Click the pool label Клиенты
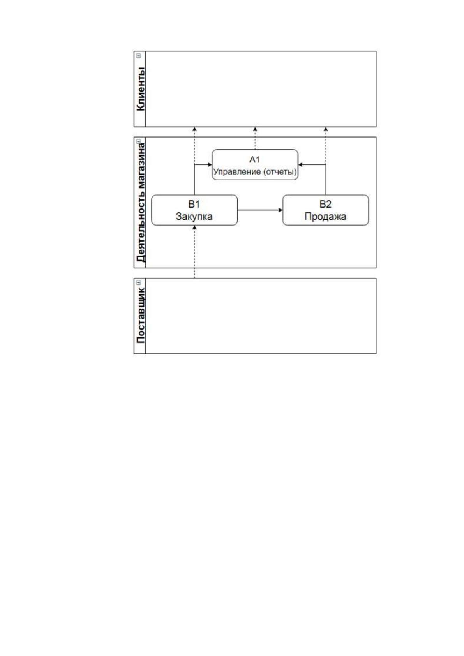pyautogui.click(x=141, y=89)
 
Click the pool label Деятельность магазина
pyautogui.click(x=141, y=202)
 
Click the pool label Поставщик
pyautogui.click(x=141, y=316)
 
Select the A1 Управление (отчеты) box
pyautogui.click(x=255, y=165)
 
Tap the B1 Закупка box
pyautogui.click(x=194, y=210)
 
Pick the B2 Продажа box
pyautogui.click(x=325, y=210)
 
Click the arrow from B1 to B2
pyautogui.click(x=260, y=210)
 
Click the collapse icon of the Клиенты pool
pyautogui.click(x=139, y=56)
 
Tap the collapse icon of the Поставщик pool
pyautogui.click(x=139, y=282)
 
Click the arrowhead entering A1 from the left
pyautogui.click(x=210, y=165)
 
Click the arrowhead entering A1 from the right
pyautogui.click(x=300, y=165)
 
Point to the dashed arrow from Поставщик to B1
pyautogui.click(x=194, y=252)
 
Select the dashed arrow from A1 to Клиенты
pyautogui.click(x=255, y=138)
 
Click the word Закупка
pyautogui.click(x=194, y=217)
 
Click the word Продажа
pyautogui.click(x=325, y=217)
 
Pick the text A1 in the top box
pyautogui.click(x=254, y=159)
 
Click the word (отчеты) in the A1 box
pyautogui.click(x=280, y=172)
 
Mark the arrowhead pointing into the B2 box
pyautogui.click(x=281, y=210)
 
